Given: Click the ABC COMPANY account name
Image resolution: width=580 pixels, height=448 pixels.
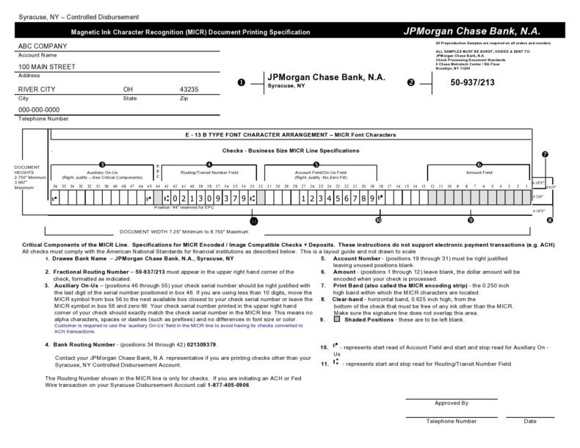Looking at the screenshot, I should pyautogui.click(x=42, y=46).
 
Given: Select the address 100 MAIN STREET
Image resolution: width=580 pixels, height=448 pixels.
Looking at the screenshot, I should pyautogui.click(x=46, y=67).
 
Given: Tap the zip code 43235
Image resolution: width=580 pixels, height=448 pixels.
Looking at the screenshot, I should pyautogui.click(x=189, y=89).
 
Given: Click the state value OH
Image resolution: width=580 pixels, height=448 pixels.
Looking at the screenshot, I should pyautogui.click(x=128, y=89).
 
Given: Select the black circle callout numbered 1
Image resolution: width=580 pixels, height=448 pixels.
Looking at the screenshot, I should pyautogui.click(x=242, y=82).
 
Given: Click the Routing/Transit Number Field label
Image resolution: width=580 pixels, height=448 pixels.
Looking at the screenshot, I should pyautogui.click(x=210, y=173).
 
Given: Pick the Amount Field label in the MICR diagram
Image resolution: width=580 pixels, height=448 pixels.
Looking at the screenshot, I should pyautogui.click(x=478, y=173).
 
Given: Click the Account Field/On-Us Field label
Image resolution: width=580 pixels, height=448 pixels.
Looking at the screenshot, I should pyautogui.click(x=316, y=173).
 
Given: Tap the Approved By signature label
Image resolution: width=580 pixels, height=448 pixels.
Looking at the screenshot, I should pyautogui.click(x=451, y=403).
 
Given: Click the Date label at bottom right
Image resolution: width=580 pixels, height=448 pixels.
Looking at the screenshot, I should pyautogui.click(x=529, y=422).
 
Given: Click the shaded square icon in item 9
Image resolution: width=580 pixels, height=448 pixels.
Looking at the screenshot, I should pyautogui.click(x=325, y=319).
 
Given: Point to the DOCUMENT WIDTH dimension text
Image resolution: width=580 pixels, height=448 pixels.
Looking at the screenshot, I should pyautogui.click(x=175, y=231).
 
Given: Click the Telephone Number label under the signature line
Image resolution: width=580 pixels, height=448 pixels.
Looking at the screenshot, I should pyautogui.click(x=451, y=422).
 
